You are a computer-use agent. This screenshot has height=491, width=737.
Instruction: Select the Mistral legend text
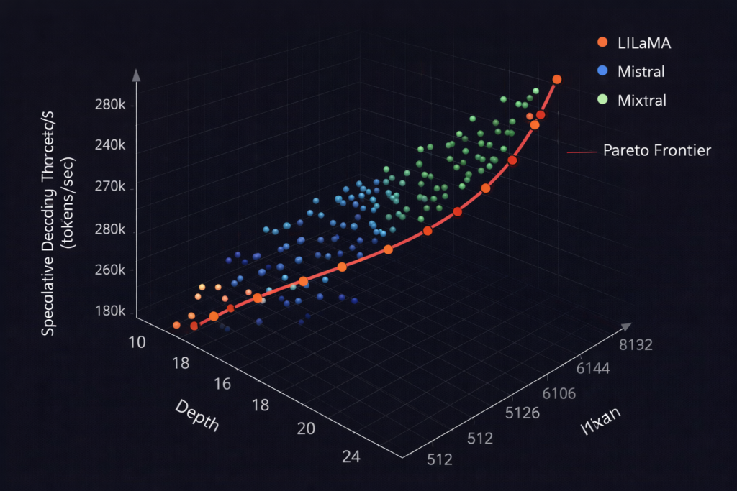[x=641, y=71]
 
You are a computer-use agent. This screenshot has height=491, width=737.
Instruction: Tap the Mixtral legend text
[x=642, y=100]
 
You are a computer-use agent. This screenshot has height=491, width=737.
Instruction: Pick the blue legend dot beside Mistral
[x=603, y=70]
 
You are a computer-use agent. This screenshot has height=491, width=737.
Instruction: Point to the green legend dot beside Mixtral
[x=603, y=99]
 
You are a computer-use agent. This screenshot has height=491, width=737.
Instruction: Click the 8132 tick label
[x=635, y=345]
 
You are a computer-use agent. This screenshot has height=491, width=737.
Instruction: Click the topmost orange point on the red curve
[x=556, y=80]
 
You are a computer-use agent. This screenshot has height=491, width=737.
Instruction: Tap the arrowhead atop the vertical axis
[x=137, y=74]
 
